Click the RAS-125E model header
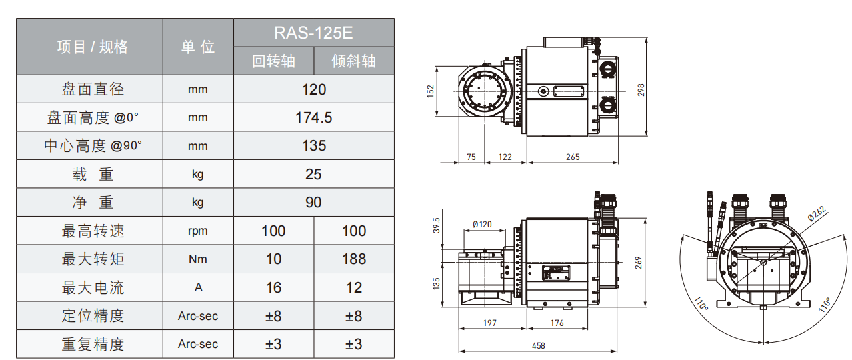coord(313,33)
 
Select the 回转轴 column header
coord(273,61)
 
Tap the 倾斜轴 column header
coord(354,61)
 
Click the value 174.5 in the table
coord(313,118)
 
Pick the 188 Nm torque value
coord(354,259)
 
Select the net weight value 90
coord(313,203)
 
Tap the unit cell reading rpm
coord(198,231)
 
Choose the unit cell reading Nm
coord(198,259)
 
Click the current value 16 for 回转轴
coord(273,288)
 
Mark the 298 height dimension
coord(641,90)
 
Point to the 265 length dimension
coord(573,157)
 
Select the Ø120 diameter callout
coord(482,225)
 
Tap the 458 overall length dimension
coord(539,346)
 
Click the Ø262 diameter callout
coord(817,213)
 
